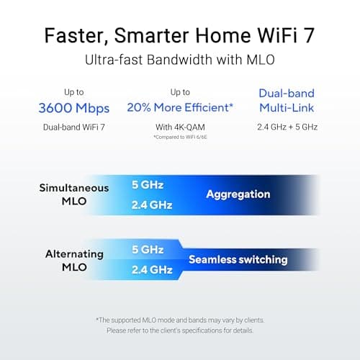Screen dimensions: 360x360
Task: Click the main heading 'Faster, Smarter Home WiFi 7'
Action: [180, 34]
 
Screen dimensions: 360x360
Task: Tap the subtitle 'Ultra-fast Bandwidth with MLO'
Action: [180, 60]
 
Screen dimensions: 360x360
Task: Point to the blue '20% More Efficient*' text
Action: [179, 108]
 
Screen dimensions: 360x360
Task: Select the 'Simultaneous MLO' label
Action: [74, 194]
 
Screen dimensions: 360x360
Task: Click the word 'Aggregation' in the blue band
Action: [238, 194]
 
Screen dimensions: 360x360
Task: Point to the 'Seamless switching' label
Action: [238, 259]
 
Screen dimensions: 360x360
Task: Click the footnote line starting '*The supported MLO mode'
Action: [180, 319]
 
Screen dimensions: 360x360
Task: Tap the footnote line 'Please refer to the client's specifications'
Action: [180, 331]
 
